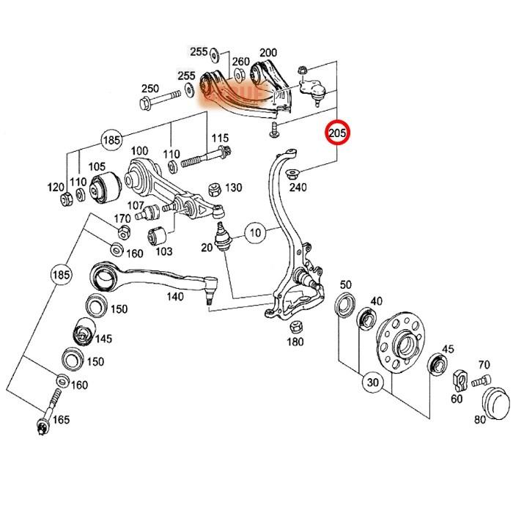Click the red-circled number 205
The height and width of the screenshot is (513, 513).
339,133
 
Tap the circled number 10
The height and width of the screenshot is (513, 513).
254,235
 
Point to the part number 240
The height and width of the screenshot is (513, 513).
298,188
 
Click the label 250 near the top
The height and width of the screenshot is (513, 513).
150,89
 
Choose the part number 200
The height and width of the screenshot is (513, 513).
268,52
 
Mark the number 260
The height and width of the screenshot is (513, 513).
241,62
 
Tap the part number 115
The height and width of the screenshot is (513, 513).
219,138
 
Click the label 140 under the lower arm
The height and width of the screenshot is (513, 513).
174,297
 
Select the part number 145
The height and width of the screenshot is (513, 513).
103,339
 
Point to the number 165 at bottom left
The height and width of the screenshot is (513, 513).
62,420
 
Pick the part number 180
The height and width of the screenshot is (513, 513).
295,342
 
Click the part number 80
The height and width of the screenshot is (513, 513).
480,420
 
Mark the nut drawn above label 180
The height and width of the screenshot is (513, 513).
297,326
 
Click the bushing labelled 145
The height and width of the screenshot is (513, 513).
82,334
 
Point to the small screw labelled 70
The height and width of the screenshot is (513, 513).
481,380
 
